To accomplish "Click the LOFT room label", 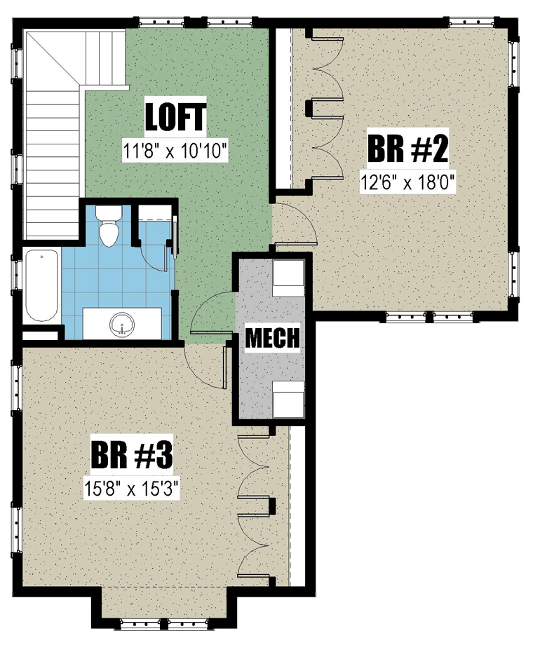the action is point(175,117).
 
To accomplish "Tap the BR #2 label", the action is point(407,149).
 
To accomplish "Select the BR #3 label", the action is point(132,454).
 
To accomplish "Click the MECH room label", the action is point(273,337).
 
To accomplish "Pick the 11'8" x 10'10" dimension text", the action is point(175,151).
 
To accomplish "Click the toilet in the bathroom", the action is point(109,226).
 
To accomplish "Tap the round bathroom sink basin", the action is point(122,323).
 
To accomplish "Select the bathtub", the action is point(41,286).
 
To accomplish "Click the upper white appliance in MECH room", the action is point(288,278).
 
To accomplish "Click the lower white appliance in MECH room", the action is point(288,399).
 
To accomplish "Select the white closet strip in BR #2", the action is point(283,108).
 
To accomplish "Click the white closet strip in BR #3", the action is point(297,506).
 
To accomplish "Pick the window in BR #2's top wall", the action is point(471,22).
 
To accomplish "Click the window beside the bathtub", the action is point(16,273).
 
